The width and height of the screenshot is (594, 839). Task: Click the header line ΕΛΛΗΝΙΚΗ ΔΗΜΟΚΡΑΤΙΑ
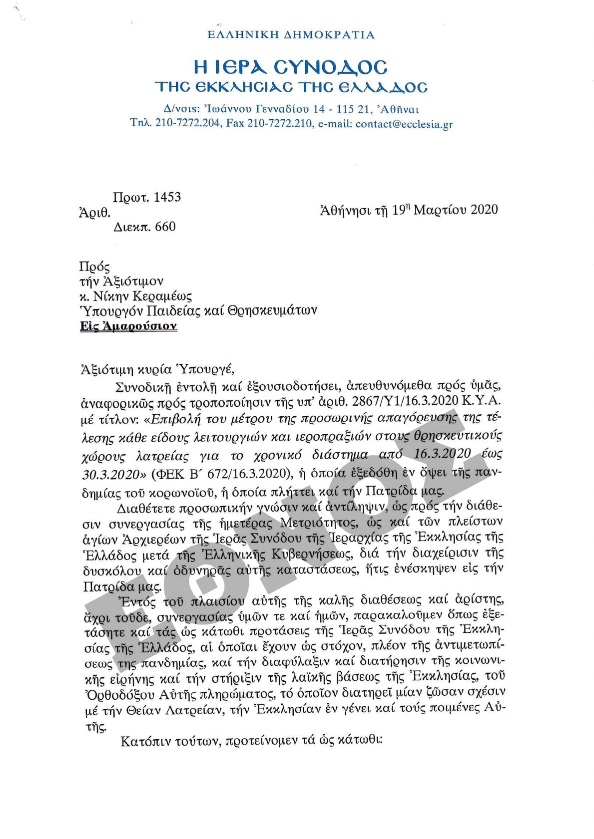pyautogui.click(x=291, y=35)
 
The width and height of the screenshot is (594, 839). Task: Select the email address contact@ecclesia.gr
pyautogui.click(x=404, y=124)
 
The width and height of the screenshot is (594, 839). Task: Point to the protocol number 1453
pyautogui.click(x=167, y=197)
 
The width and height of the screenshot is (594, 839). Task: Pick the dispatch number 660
pyautogui.click(x=165, y=227)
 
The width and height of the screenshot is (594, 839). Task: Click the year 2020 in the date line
pyautogui.click(x=484, y=210)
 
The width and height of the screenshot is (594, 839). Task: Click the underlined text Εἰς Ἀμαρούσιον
pyautogui.click(x=128, y=326)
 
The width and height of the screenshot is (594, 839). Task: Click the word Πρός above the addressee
pyautogui.click(x=94, y=267)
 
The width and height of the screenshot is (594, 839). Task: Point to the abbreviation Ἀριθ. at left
pyautogui.click(x=94, y=213)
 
